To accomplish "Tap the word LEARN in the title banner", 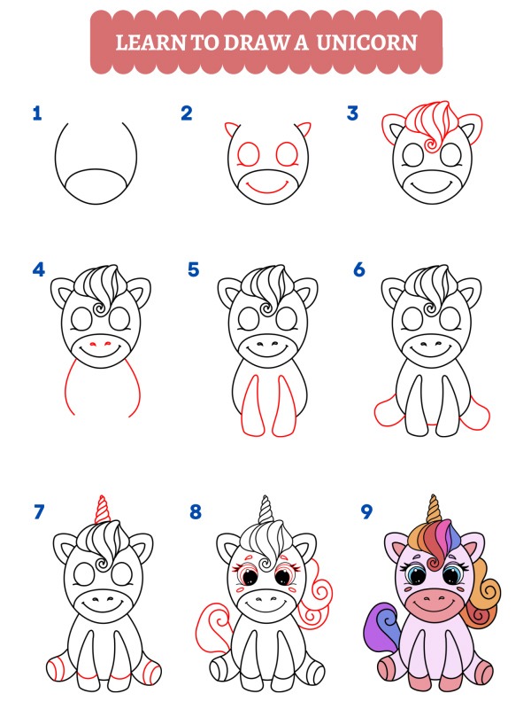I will pos(145,42).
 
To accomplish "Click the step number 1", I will pos(36,113).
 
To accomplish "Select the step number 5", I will pos(193,269).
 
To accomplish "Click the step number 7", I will pos(38,511).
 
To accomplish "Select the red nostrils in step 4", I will pos(100,342).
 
